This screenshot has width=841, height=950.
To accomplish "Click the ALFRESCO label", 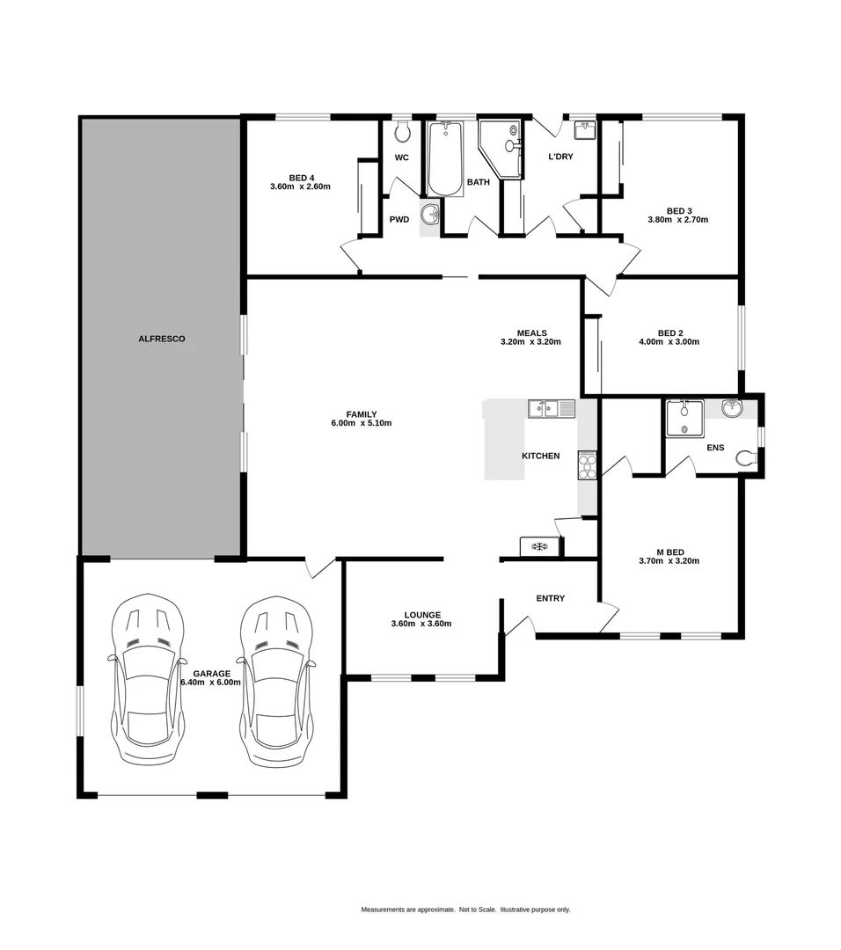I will (161, 338).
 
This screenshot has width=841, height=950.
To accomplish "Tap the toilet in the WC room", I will (402, 132).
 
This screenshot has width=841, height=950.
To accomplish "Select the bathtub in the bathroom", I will (445, 157).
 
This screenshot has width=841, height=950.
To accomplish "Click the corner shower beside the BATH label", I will (501, 147).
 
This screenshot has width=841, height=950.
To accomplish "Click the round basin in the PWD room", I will (430, 214).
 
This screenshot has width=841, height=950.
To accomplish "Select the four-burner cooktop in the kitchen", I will (587, 464).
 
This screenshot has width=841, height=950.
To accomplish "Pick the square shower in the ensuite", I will (684, 418).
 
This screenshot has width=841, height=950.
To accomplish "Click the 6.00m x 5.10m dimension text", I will (361, 423).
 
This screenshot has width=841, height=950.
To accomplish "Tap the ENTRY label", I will (550, 598).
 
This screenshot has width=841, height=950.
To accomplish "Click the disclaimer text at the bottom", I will (465, 910).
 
